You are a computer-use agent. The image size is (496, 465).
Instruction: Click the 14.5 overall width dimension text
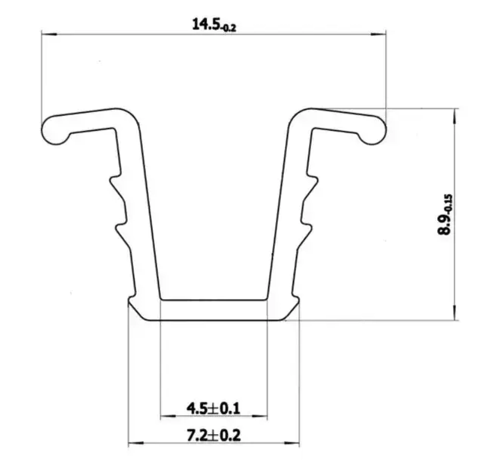[206, 24]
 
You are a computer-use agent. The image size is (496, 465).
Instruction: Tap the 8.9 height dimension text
[443, 224]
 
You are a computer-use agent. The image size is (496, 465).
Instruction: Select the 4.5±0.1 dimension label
[213, 408]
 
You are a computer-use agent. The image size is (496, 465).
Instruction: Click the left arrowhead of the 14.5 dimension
[49, 34]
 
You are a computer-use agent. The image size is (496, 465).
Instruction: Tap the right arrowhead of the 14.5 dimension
[378, 34]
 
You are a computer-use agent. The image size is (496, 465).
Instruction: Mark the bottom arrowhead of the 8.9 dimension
[454, 312]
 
